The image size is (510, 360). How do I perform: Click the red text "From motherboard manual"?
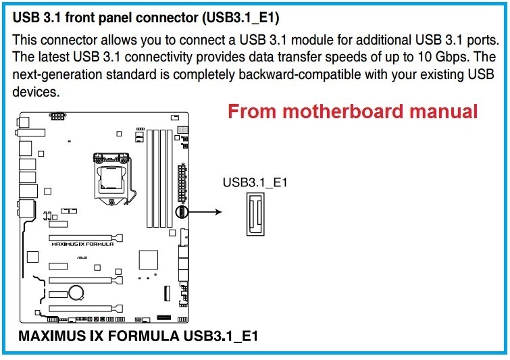point(353,111)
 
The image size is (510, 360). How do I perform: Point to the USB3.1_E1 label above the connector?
point(255,182)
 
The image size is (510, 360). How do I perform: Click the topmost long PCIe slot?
point(84,238)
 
